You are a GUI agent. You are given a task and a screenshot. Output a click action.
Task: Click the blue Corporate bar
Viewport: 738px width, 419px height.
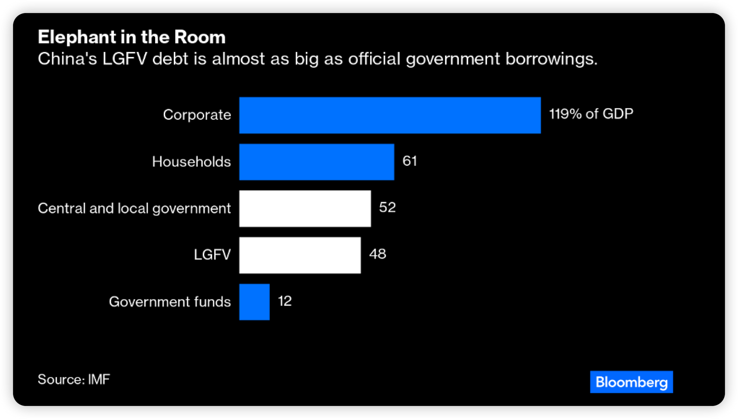coord(390,115)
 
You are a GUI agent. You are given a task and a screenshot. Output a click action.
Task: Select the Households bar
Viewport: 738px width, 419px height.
coord(317,162)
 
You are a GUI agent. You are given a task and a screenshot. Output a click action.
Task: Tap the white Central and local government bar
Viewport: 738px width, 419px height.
coord(305,209)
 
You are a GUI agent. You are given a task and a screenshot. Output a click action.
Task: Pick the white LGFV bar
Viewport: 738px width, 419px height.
coord(300,255)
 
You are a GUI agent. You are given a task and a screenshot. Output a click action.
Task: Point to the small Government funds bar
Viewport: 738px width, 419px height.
coord(254,302)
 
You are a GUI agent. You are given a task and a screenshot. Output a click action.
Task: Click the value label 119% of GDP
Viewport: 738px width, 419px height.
coord(591,114)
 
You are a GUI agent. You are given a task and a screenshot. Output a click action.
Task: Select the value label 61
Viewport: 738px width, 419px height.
coord(409,161)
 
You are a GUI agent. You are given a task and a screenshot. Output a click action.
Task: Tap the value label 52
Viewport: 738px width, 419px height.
coord(387,207)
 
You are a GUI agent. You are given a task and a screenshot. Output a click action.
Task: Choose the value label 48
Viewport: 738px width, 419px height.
coord(377,254)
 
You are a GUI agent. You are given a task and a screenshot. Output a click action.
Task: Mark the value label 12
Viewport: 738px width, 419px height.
coord(285,301)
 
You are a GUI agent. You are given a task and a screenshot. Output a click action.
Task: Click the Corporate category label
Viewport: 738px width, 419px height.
coord(197,115)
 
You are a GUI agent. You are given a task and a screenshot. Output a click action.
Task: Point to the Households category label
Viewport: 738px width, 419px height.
coord(191,162)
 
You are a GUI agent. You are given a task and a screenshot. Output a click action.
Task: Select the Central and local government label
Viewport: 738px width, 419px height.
coord(134,208)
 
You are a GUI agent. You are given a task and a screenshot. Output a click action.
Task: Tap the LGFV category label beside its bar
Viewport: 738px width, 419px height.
coord(212,255)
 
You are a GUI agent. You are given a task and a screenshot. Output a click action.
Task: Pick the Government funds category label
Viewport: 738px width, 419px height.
coord(170,302)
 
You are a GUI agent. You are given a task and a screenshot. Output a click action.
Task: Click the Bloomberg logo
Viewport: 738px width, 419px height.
coord(631,382)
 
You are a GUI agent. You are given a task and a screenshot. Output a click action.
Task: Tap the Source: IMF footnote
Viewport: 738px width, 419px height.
coord(74,379)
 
